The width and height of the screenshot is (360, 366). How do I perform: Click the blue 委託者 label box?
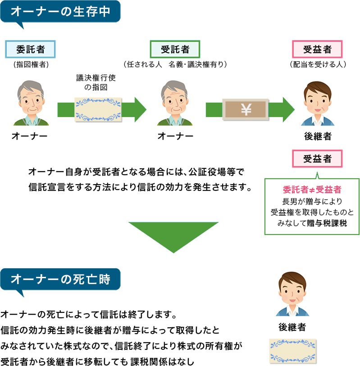(31, 49)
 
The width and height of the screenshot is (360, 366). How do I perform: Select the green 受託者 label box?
(175, 49)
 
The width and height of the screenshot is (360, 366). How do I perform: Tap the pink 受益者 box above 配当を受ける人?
(318, 49)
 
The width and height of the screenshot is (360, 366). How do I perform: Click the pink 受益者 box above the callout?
(318, 158)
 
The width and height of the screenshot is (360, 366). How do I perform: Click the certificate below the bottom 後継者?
(293, 350)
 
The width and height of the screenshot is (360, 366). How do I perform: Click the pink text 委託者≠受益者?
(312, 189)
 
